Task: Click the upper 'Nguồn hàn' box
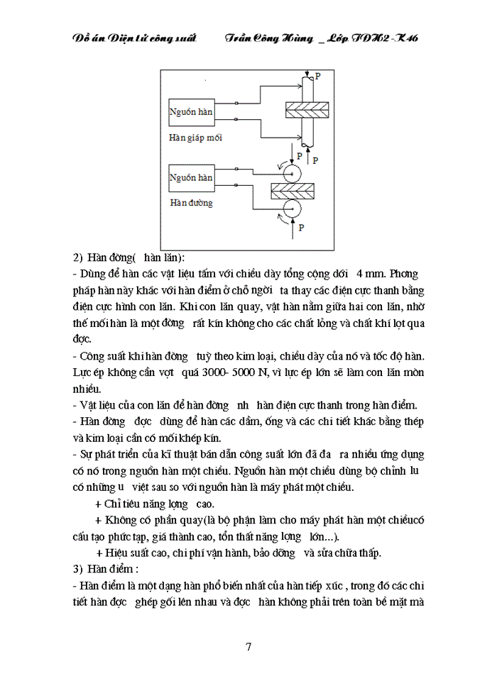(190, 112)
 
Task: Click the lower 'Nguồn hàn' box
(190, 177)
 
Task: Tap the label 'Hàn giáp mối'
(195, 138)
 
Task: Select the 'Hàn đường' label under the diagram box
(191, 203)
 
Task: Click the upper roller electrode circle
(292, 170)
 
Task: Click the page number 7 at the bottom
(248, 646)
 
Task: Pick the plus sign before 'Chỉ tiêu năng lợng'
(98, 503)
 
